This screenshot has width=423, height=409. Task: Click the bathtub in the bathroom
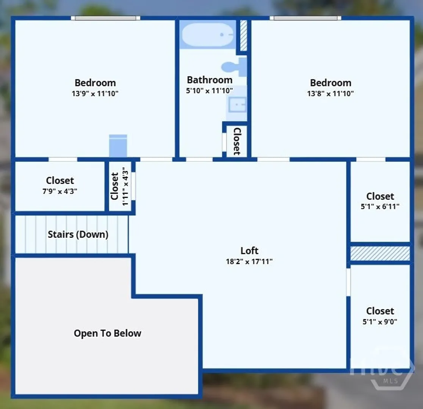coord(208,34)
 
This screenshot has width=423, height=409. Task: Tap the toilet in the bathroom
coord(234,67)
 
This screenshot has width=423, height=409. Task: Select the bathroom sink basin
coord(237,105)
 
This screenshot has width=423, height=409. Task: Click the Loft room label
coord(249,251)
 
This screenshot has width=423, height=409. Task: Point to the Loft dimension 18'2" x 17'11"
coord(249,261)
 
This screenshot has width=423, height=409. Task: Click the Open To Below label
coord(107,333)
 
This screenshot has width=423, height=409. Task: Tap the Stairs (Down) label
coord(78,234)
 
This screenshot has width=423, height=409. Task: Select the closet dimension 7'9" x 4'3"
coord(60,191)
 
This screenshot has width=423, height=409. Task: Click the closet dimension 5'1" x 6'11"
coord(380,206)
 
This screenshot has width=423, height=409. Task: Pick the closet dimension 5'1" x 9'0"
coord(380,322)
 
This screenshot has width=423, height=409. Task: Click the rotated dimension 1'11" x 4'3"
coord(125,186)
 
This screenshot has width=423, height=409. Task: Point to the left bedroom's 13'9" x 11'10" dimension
coord(95,94)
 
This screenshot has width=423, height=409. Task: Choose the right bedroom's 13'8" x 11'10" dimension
coord(331,94)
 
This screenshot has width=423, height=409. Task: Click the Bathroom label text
coord(210,80)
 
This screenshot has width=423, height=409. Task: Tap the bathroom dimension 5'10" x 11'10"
coord(209,91)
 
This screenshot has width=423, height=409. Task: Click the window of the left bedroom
coord(105,18)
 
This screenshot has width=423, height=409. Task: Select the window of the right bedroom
coord(305,18)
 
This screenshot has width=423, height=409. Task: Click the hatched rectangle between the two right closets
coord(380,253)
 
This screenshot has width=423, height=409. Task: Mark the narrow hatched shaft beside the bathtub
coord(243,35)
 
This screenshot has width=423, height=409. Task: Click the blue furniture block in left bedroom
coord(118,145)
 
